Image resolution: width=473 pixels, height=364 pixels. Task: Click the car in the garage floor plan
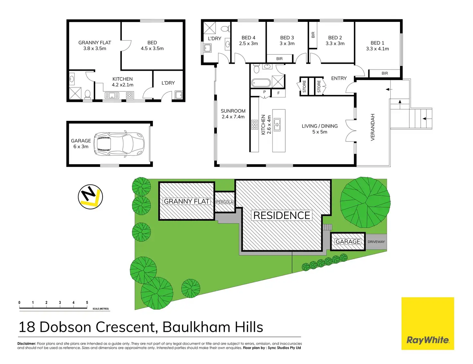tap(119, 143)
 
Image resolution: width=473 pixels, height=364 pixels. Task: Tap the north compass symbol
tap(90, 196)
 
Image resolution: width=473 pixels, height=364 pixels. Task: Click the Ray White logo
tap(427, 323)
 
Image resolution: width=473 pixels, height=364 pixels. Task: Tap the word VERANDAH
tap(373, 127)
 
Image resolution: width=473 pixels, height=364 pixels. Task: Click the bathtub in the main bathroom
tap(261, 83)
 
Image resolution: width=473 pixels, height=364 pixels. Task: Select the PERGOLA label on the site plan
tap(224, 202)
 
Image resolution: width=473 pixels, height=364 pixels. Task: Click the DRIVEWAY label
tap(376, 242)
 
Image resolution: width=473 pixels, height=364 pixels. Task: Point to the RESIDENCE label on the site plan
tap(282, 215)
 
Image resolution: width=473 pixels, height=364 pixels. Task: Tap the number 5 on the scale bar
tap(87, 303)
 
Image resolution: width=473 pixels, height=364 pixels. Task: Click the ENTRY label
tap(339, 78)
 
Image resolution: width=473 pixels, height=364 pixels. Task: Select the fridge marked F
tap(278, 93)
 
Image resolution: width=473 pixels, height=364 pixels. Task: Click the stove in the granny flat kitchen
tap(129, 95)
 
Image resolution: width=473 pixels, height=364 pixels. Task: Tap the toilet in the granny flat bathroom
tap(87, 94)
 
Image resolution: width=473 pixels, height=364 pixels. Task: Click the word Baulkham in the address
tap(196, 327)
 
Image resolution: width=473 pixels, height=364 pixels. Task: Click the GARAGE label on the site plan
tap(348, 241)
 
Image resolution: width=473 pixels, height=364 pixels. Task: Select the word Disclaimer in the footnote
tap(26, 343)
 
